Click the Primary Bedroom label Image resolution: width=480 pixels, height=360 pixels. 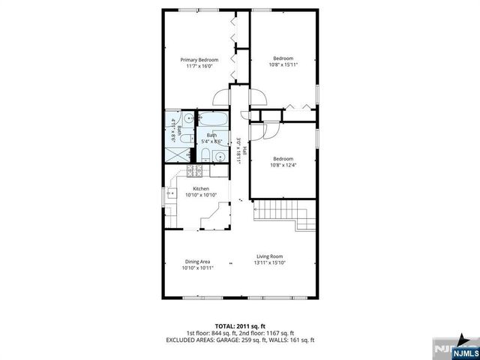[x=199, y=59]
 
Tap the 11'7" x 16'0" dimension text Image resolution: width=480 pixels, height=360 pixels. [x=199, y=66]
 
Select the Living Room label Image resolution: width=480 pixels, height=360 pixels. [x=269, y=256]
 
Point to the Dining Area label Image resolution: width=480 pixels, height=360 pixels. [x=198, y=261]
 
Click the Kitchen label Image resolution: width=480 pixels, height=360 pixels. [x=201, y=189]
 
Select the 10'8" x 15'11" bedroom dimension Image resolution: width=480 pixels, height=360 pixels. [x=283, y=65]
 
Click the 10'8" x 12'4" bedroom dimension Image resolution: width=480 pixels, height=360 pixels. [x=283, y=165]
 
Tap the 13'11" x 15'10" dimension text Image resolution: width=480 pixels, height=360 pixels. [x=269, y=263]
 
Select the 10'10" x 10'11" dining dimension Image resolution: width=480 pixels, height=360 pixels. [x=198, y=268]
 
